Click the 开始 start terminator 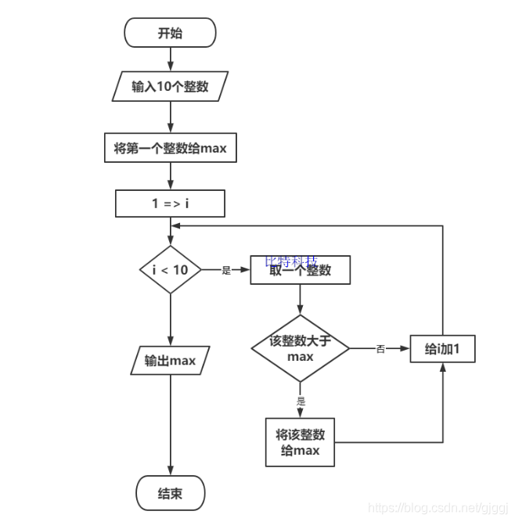tap(170, 34)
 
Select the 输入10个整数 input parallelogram tap(170, 86)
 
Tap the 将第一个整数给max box tap(170, 148)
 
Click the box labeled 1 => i tap(170, 203)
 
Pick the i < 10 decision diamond tap(170, 270)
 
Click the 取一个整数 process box tap(300, 271)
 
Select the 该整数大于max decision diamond tap(300, 349)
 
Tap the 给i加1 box tap(443, 349)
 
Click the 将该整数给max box tap(300, 442)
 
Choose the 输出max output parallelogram tap(170, 361)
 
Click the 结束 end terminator tap(170, 494)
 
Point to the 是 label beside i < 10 tap(226, 271)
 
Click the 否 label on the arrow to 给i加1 tap(380, 349)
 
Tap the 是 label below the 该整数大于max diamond tap(301, 401)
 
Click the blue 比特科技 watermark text tap(291, 260)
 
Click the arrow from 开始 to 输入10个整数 tap(170, 59)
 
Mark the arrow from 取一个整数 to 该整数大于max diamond tap(300, 300)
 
